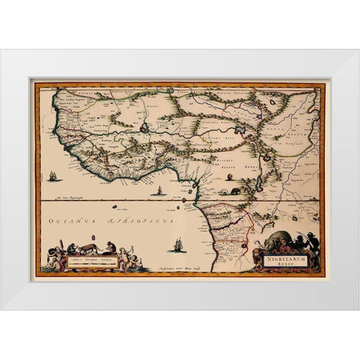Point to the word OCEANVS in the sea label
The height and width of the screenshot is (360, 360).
(69, 223)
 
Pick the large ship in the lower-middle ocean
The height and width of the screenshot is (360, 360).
(178, 244)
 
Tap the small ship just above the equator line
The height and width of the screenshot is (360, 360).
(159, 191)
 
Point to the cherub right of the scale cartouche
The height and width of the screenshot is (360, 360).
(124, 259)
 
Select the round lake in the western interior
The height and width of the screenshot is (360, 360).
(143, 128)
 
